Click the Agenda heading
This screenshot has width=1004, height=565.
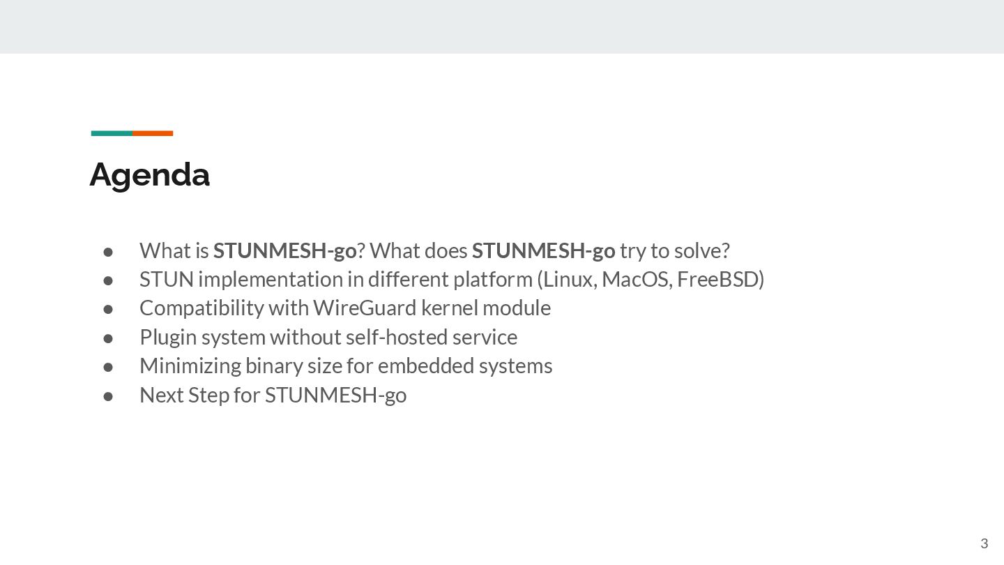point(149,174)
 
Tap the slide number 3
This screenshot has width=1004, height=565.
point(984,544)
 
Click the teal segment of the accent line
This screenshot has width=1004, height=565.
point(112,133)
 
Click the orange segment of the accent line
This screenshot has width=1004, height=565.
point(153,133)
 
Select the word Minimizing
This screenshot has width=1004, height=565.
point(190,366)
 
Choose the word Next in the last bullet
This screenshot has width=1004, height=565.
point(161,395)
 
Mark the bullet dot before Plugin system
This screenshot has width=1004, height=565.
point(108,338)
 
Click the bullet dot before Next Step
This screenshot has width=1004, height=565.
point(108,395)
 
